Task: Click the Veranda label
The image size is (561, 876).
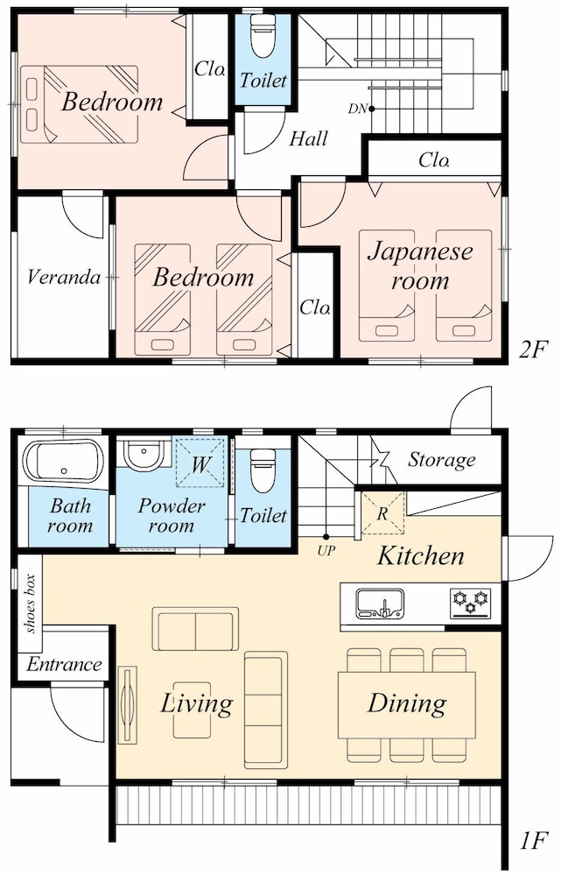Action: [64, 277]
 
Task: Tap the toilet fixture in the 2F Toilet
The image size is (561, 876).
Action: [263, 35]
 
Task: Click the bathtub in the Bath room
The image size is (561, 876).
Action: [63, 461]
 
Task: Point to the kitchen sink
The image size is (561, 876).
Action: [380, 604]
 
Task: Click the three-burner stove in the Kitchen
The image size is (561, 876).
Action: [471, 604]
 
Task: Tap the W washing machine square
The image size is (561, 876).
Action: [200, 463]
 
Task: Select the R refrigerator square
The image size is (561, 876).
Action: [382, 512]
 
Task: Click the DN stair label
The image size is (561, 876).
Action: [357, 109]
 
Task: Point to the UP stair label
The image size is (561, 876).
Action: [326, 551]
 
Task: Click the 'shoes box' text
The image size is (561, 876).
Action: [30, 604]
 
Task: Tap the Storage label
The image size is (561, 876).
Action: [442, 460]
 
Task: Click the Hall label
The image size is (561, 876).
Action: [308, 138]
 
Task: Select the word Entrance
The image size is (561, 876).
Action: [64, 664]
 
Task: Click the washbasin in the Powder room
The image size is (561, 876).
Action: [144, 454]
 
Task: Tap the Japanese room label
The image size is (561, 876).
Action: [420, 266]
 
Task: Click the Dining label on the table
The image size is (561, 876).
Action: [407, 703]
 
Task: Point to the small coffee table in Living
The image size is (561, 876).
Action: [192, 710]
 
